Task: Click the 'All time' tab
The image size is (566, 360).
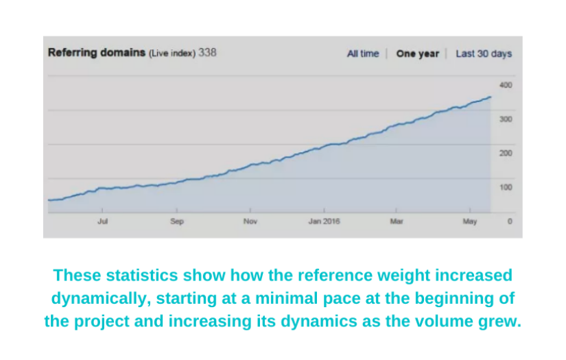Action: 362,54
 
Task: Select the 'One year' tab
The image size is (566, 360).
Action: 417,54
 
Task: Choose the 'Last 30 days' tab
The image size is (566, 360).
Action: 484,54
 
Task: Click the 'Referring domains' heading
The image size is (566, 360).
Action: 97,53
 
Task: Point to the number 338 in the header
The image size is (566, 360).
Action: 207,53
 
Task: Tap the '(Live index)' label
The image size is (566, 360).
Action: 172,53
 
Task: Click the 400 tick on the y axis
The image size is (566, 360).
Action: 506,85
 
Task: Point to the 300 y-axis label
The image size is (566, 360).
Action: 506,119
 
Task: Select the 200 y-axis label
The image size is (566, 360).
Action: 506,153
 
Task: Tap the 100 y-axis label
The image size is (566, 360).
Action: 506,187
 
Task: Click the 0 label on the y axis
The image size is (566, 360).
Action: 509,221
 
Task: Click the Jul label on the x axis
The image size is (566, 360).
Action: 103,221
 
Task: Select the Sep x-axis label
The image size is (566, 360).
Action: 177,221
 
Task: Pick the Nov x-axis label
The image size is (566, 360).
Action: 250,221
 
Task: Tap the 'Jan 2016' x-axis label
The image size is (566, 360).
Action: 324,221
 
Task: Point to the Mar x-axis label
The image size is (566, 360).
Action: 397,221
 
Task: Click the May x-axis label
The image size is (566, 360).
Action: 469,221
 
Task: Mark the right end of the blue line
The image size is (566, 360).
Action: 491,97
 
